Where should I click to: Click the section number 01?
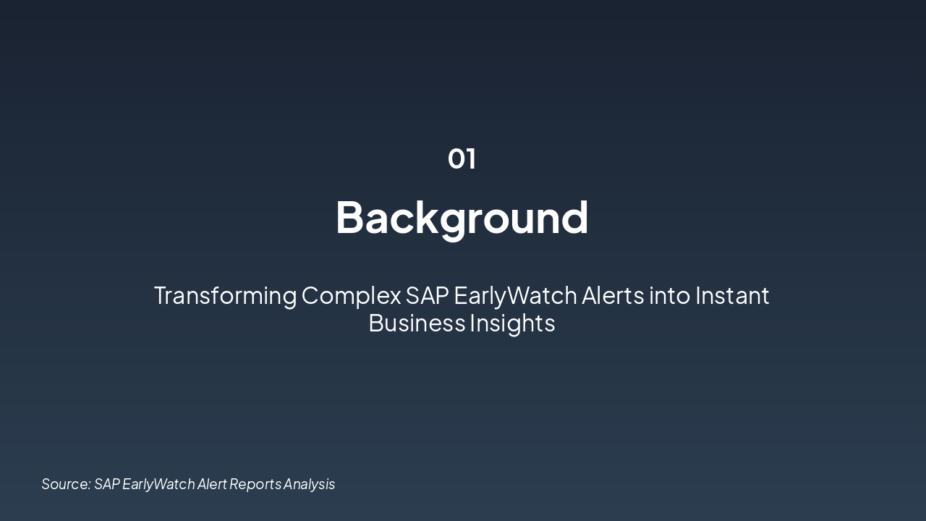point(462,158)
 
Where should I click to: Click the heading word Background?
point(462,217)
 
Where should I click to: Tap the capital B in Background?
point(350,217)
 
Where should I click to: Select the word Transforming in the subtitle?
point(225,296)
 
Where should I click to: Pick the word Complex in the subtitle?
point(351,296)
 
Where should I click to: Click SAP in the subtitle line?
point(427,296)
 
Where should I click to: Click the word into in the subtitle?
point(669,296)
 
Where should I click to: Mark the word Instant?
point(732,296)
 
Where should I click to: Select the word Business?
point(417,323)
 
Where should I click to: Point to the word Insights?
point(512,323)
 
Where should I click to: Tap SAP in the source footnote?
point(107,484)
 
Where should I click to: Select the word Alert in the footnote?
point(212,484)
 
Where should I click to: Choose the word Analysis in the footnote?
point(310,484)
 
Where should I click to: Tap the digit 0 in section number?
point(456,158)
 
